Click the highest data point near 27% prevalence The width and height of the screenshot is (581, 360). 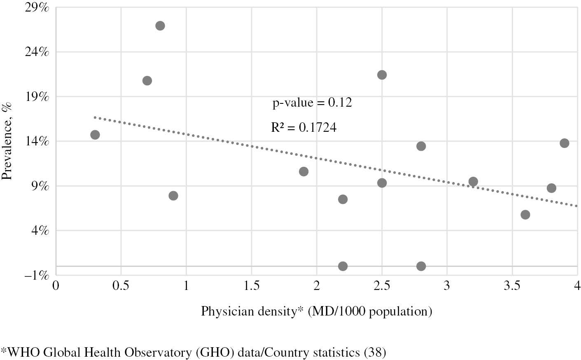(x=160, y=26)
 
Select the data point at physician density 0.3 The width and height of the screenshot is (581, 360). (x=95, y=135)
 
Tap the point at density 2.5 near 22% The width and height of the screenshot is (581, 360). (x=382, y=75)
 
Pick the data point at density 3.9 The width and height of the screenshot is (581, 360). (x=564, y=143)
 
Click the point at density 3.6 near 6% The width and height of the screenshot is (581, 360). (x=525, y=215)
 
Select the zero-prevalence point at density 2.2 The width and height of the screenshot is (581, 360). (x=343, y=266)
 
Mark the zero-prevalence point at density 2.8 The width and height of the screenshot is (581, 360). (x=421, y=266)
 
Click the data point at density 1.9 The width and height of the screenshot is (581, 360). (x=303, y=172)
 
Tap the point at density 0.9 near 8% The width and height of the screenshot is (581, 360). (x=173, y=196)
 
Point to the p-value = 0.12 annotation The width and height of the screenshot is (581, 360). (x=312, y=103)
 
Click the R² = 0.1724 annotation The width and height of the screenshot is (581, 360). (x=303, y=128)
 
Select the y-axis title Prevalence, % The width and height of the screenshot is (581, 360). (x=7, y=141)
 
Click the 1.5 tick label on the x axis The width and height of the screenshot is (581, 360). (x=251, y=285)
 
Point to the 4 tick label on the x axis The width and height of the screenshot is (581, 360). (x=577, y=285)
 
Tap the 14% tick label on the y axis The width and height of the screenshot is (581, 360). (x=38, y=141)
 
